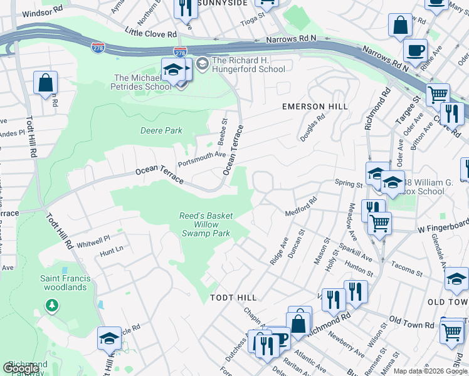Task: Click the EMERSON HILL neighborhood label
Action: point(315,107)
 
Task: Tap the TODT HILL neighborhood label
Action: point(233,297)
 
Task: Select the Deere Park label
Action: point(161,130)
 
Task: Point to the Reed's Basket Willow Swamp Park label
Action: point(206,224)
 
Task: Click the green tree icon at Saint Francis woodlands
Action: point(51,305)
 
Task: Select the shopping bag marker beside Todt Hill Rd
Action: point(45,83)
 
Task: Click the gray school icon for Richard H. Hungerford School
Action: point(203,62)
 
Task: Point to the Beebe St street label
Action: point(222,128)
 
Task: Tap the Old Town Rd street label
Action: point(411,325)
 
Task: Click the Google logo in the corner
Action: point(21,368)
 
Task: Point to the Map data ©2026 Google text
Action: point(429,371)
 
